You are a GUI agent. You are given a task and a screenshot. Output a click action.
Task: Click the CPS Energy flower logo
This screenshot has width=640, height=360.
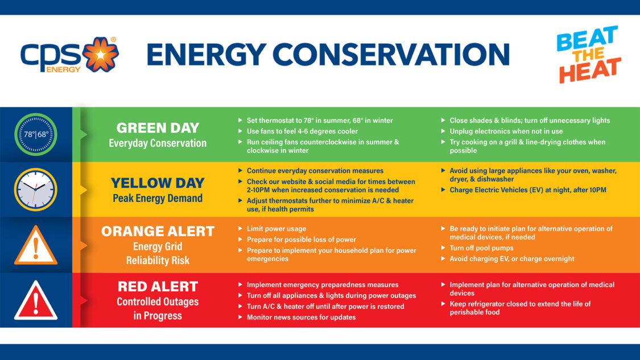click(100, 55)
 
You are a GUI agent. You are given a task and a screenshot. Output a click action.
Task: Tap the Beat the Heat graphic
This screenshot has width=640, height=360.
click(588, 55)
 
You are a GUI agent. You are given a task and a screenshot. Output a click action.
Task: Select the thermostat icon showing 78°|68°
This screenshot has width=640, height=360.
click(36, 135)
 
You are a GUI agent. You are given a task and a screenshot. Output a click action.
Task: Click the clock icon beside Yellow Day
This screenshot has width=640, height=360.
click(36, 189)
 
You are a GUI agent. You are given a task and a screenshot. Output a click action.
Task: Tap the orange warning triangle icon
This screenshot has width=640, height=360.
click(36, 246)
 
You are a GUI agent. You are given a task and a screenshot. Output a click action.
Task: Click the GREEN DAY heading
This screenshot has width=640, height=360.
click(158, 128)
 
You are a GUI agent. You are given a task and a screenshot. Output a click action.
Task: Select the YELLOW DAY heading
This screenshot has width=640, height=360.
click(158, 183)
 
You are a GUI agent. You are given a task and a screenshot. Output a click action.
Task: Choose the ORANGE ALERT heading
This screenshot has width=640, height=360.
click(158, 231)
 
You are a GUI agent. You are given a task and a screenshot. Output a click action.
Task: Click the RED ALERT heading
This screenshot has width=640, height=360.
click(158, 286)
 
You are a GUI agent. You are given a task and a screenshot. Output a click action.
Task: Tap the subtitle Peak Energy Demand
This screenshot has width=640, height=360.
click(158, 198)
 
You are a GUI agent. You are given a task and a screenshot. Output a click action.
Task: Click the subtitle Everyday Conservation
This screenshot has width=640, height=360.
click(158, 143)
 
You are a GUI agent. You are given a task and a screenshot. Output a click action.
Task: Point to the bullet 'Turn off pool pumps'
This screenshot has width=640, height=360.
click(481, 248)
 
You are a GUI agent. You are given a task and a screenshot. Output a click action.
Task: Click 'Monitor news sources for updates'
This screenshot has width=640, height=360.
click(301, 317)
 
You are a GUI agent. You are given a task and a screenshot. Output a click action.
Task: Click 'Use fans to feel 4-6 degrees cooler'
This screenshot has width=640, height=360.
click(302, 131)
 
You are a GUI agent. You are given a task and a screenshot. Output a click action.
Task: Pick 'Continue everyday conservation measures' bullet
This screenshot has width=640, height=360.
click(315, 171)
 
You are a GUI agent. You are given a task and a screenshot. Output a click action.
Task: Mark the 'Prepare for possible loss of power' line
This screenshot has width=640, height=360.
click(301, 239)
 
